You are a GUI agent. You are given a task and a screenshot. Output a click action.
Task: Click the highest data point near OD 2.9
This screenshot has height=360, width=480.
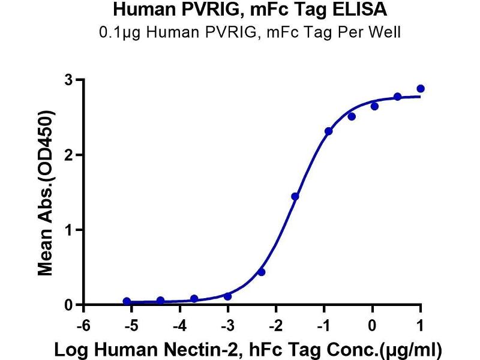(421, 89)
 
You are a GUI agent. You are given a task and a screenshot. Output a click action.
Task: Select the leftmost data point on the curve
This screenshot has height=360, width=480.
(127, 301)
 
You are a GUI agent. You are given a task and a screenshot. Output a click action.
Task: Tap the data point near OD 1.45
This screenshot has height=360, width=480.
(295, 196)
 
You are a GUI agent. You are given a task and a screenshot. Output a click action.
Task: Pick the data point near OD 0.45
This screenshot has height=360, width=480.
(261, 272)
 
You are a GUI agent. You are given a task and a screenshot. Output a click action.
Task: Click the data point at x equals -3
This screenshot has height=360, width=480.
(227, 296)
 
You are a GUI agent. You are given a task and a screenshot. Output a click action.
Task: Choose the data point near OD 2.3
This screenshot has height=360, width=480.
(328, 131)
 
